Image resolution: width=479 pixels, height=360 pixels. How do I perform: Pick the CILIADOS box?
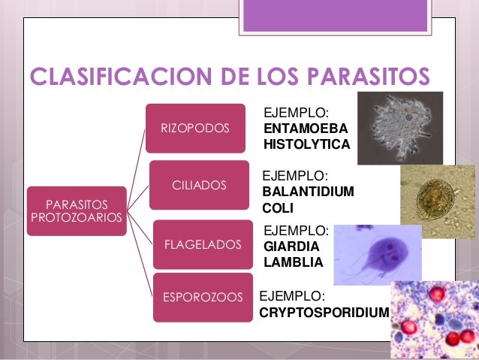click(x=200, y=185)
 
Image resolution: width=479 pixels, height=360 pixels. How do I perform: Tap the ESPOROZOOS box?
click(x=203, y=298)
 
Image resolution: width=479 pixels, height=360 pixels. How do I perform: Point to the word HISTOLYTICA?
click(x=306, y=144)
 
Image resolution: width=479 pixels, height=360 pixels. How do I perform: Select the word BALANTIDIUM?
click(x=308, y=192)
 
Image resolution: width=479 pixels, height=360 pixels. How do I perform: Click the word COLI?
click(x=277, y=208)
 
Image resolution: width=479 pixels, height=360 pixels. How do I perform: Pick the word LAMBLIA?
click(x=293, y=262)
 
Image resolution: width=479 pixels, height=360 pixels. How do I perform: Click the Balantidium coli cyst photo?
click(x=438, y=195)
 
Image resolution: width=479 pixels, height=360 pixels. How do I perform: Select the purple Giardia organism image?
click(x=372, y=254)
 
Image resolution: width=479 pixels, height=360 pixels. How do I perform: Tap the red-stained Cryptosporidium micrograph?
click(x=433, y=319)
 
